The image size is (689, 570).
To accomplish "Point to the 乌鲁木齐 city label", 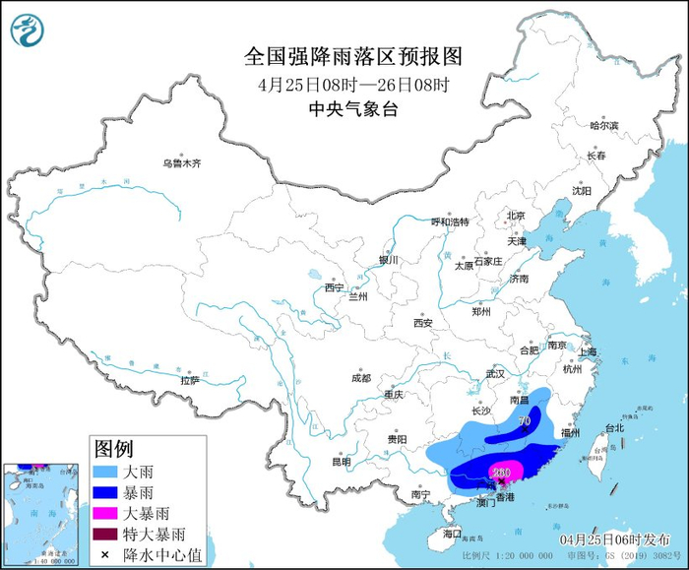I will tap(182, 163).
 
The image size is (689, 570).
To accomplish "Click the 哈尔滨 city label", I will tap(603, 126).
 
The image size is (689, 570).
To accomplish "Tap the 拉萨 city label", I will tap(190, 380).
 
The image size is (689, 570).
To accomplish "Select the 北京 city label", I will tap(515, 216).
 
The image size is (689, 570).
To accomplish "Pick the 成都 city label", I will tap(360, 378).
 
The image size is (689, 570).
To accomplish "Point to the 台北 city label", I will tap(613, 428).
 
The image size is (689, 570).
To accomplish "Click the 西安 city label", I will tap(423, 322).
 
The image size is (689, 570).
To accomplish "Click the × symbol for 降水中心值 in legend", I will tap(103, 555).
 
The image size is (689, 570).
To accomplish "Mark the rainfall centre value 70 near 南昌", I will tap(525, 421).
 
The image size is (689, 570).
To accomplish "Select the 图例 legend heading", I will tap(113, 449).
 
